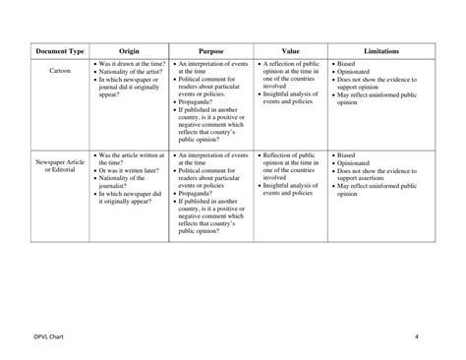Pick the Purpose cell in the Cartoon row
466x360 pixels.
[211, 103]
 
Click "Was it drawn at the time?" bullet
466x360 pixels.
[131, 63]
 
